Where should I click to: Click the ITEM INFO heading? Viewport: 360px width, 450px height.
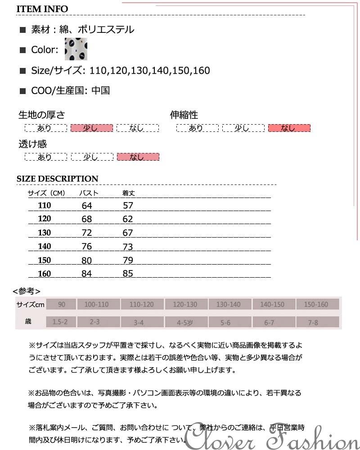pos(42,9)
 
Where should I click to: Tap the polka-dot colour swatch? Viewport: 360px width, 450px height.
pos(76,49)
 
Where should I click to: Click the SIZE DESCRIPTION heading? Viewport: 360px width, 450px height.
pos(57,179)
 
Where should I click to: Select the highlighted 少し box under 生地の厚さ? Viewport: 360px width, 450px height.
pos(91,128)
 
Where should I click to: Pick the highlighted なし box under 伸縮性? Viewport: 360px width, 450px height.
pos(289,128)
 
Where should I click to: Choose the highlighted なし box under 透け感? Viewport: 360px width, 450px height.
pos(138,157)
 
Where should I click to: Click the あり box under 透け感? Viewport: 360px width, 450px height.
pos(45,157)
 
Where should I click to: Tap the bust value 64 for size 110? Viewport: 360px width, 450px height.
pos(87,206)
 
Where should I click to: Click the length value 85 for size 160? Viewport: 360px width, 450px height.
pos(128,274)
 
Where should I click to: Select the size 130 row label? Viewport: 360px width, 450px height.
pos(45,233)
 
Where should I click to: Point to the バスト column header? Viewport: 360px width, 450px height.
pos(89,193)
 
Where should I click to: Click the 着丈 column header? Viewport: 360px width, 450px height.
pos(129,193)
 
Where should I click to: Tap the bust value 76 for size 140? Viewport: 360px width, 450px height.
pos(87,246)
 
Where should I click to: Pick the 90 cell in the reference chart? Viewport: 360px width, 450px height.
pos(61,305)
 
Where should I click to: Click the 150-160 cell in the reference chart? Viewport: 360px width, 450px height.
pos(316,305)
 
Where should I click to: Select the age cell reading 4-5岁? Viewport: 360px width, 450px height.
pos(184,322)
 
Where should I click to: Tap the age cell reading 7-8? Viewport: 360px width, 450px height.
pos(313,322)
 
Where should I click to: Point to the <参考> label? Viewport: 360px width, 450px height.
pos(27,291)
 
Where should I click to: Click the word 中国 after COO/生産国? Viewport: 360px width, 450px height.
pos(100,90)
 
